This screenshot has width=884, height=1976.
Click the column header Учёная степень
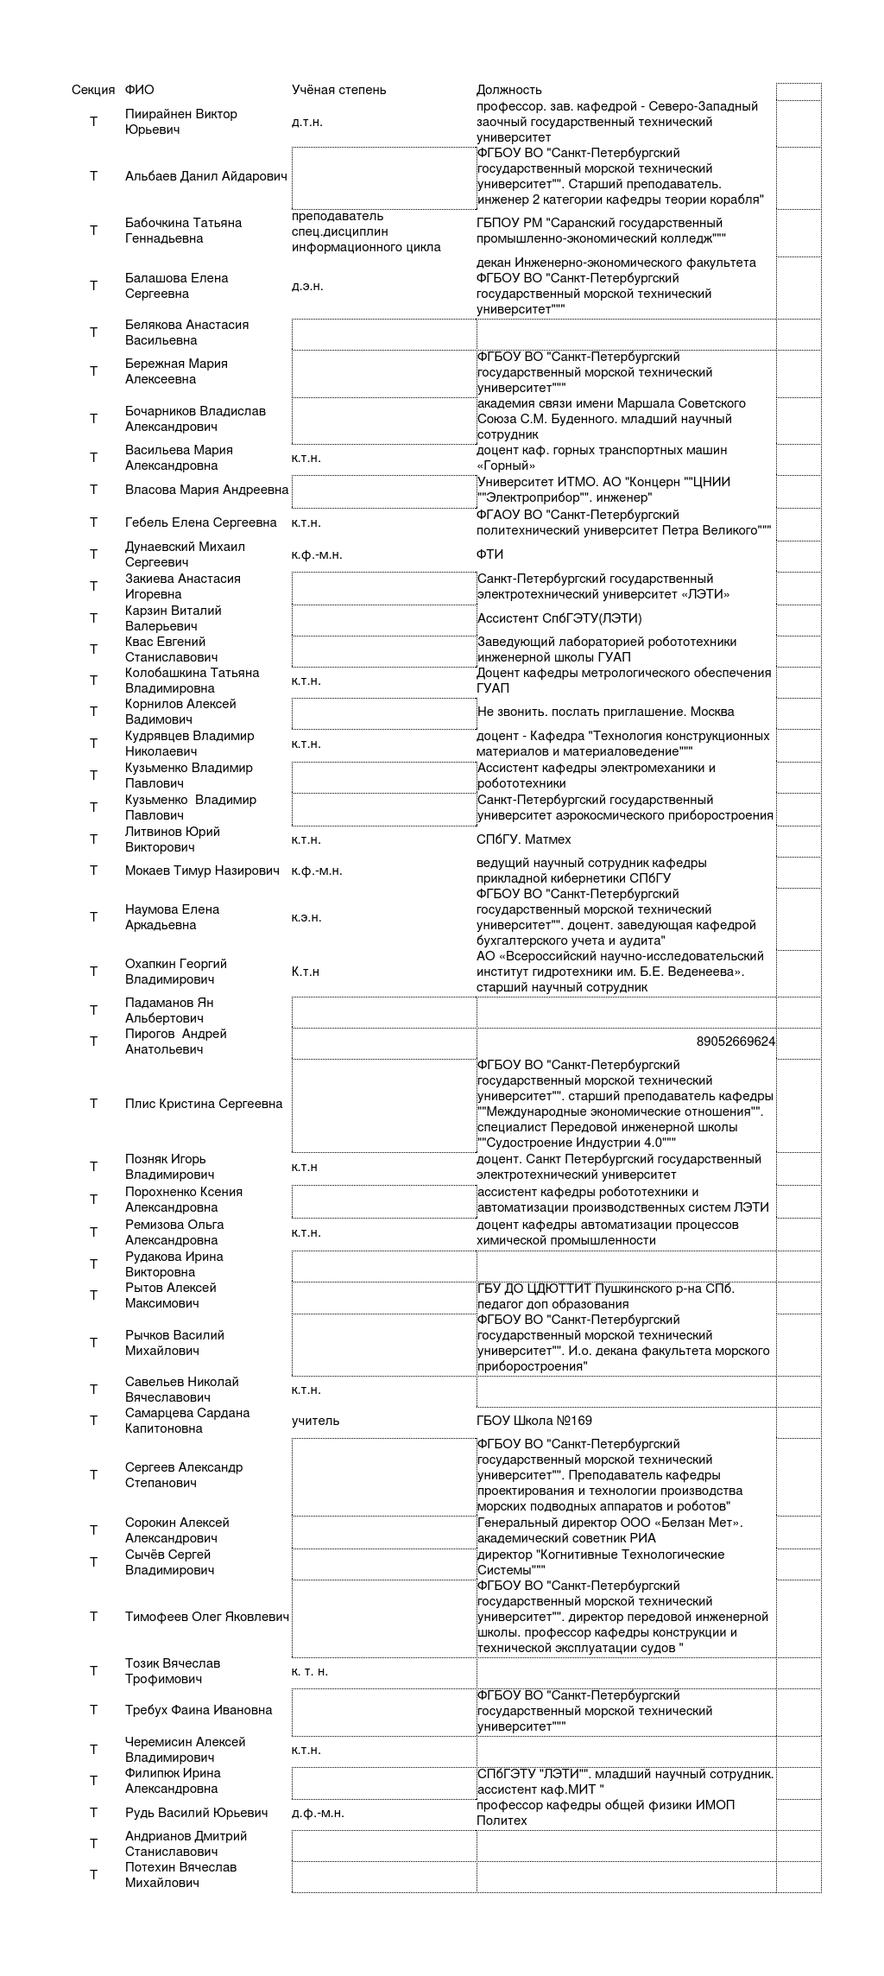338,90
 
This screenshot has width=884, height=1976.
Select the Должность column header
508,90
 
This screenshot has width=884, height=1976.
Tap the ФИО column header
139,90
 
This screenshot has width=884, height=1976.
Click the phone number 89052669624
735,1042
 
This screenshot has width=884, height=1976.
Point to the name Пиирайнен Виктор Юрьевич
180,122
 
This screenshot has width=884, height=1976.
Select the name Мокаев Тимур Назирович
202,871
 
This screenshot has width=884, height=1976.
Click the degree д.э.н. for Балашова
307,286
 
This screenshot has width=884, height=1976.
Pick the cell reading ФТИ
489,554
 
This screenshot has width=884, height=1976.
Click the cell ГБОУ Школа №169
534,1421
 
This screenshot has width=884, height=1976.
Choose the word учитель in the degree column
315,1421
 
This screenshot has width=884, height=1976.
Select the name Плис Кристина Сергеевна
204,1104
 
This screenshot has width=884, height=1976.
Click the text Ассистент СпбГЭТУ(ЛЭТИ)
559,618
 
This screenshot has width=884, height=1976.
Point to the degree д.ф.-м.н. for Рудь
318,1814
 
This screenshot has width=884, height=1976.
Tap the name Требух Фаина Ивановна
198,1710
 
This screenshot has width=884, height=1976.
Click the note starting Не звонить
605,712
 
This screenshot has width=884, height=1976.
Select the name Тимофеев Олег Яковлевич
206,1617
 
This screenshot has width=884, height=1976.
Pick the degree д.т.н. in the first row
306,122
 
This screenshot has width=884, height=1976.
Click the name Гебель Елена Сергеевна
200,522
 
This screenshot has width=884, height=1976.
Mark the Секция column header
93,90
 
